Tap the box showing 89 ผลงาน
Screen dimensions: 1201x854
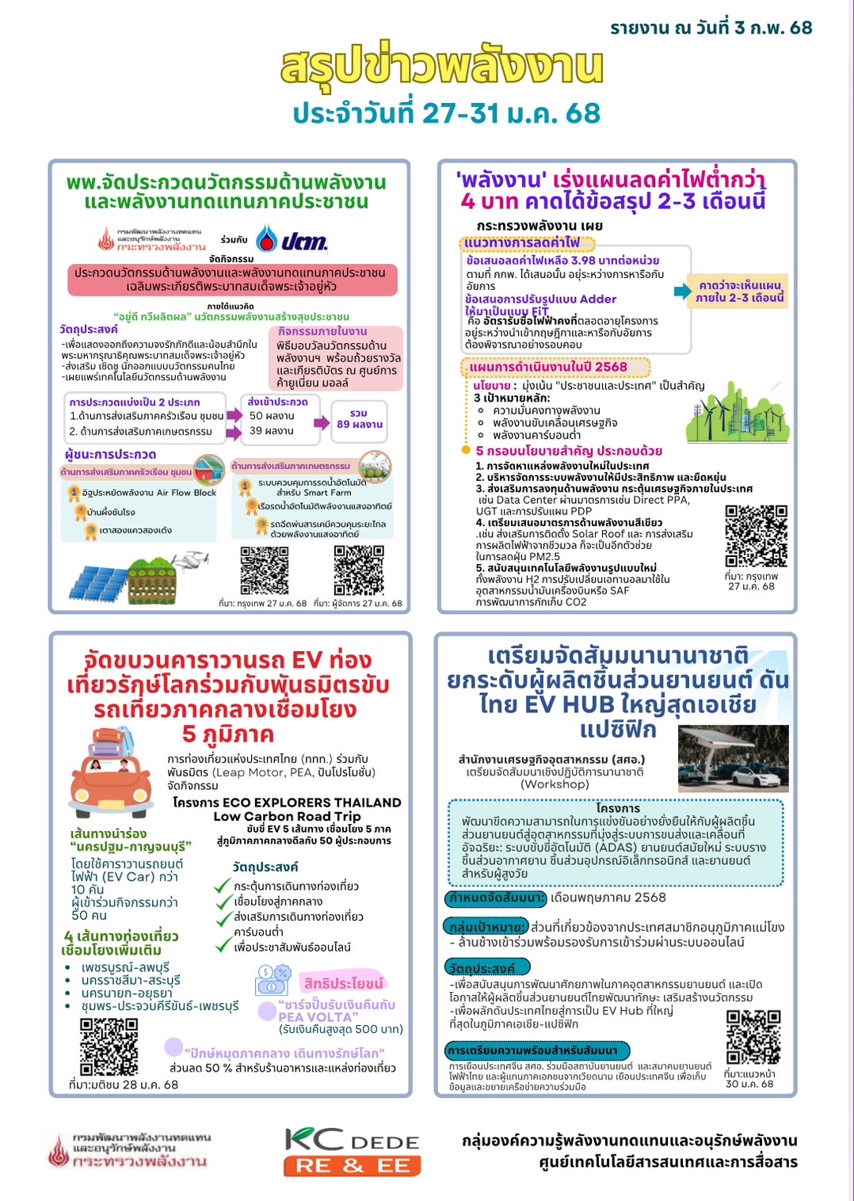pos(359,419)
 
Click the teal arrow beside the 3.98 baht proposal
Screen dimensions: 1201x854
pos(681,292)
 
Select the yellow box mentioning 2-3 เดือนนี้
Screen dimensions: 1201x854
pos(740,292)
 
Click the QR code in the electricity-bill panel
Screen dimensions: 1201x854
pos(756,536)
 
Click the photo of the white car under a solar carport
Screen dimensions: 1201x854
pos(734,758)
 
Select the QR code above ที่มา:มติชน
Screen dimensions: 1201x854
pos(109,1047)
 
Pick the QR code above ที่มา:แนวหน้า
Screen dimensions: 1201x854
pos(753,1036)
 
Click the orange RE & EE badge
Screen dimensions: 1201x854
pos(353,1165)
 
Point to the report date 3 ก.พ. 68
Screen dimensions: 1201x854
pos(711,28)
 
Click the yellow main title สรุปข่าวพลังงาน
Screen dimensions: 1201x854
pos(441,67)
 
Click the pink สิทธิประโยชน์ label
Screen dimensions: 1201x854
pos(343,983)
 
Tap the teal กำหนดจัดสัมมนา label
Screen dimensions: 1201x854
pos(496,898)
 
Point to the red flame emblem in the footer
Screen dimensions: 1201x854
pos(59,1152)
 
